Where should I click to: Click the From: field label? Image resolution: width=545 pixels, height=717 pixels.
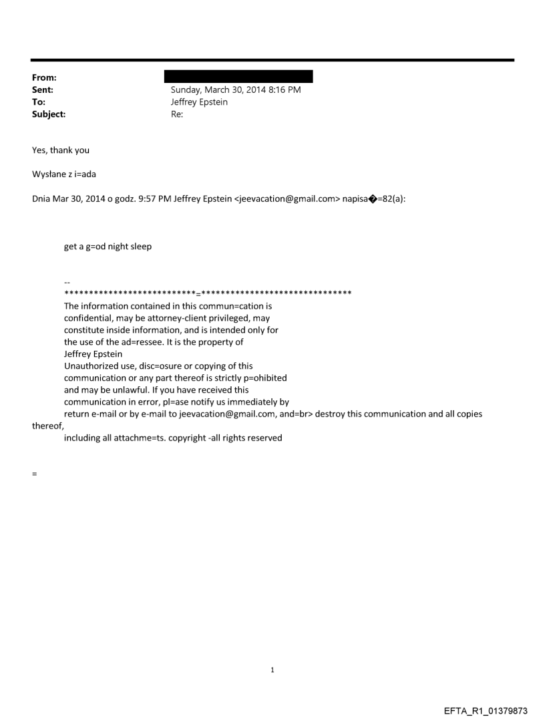43,78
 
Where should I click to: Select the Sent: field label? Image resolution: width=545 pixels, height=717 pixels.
43,90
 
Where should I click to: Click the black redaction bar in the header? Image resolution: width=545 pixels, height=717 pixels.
238,77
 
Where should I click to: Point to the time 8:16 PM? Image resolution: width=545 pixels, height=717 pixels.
283,90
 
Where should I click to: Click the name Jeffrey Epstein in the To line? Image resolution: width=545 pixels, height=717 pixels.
200,102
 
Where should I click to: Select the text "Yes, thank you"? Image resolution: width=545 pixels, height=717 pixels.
61,150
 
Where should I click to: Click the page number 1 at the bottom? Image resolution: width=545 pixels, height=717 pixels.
272,670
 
